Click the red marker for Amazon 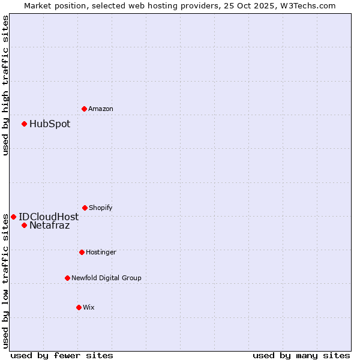tap(84, 109)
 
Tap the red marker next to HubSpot tap(24, 124)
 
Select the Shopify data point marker tap(85, 208)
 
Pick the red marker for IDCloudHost tap(13, 217)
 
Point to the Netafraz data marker tap(24, 226)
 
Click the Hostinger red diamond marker tap(82, 252)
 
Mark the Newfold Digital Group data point tap(67, 278)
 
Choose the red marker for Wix tap(79, 307)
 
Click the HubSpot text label tap(50, 124)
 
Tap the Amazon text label tap(101, 109)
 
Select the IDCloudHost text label tap(49, 217)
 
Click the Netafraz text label tap(50, 226)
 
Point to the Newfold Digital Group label tap(107, 278)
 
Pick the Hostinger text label tap(101, 253)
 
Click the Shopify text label tap(101, 208)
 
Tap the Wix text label tap(89, 308)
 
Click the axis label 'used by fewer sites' tap(62, 355)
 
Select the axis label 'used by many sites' tap(301, 355)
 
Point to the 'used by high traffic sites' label tap(6, 85)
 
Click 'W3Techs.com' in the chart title tap(307, 5)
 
